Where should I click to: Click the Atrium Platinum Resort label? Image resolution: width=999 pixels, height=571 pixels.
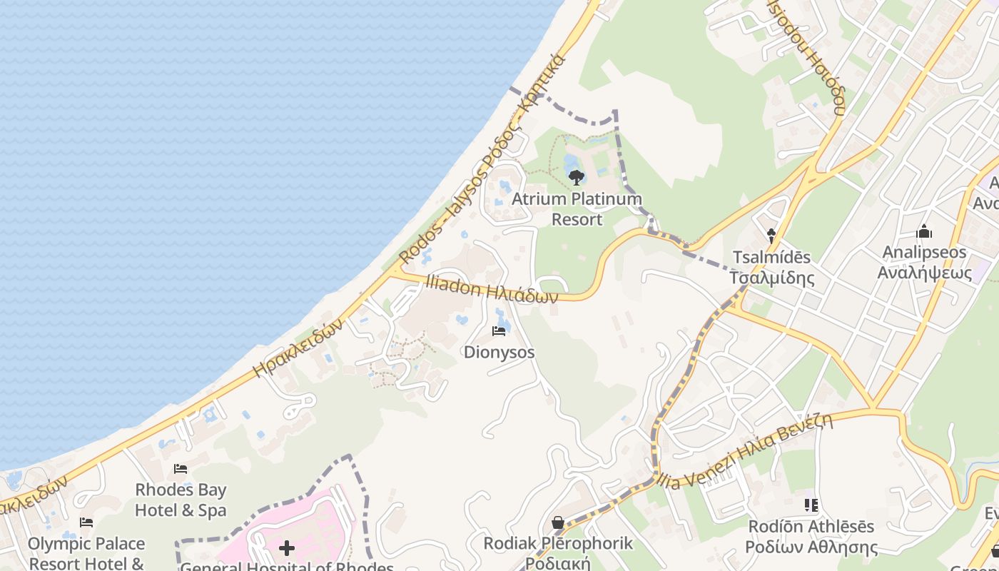point(577,209)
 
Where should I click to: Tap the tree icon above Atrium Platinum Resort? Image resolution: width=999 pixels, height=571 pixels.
point(576,176)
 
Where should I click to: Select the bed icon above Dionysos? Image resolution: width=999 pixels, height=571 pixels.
point(499,331)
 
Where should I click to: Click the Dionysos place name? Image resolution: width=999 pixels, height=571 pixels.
point(499,353)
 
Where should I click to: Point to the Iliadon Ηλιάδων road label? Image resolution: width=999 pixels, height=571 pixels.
point(491,288)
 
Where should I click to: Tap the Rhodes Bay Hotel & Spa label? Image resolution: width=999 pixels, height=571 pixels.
point(181,500)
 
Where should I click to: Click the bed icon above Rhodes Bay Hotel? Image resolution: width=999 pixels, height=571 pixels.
point(181,469)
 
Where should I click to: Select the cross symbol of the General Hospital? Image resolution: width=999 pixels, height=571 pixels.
point(287,548)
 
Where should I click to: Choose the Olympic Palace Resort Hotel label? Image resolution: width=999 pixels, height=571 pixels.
point(86,553)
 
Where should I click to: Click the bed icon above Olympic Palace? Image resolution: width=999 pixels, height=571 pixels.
point(86,522)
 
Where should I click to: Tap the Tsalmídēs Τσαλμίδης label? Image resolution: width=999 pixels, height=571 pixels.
point(771,267)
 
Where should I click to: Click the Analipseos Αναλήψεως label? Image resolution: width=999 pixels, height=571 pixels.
point(924,262)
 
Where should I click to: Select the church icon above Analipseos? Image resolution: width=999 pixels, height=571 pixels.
point(924,231)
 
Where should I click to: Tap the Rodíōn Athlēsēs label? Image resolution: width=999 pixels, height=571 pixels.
point(811,537)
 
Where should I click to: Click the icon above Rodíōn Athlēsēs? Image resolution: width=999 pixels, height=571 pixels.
point(811,505)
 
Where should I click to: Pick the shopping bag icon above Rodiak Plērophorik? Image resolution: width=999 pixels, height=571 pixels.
point(558,522)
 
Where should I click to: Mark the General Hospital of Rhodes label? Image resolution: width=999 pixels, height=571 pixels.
point(287,567)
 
